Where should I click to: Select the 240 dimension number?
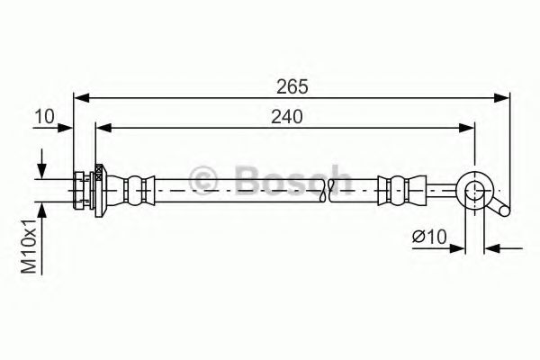click(285, 117)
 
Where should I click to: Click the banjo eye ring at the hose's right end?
click(473, 188)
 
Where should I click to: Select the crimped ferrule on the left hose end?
click(136, 187)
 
